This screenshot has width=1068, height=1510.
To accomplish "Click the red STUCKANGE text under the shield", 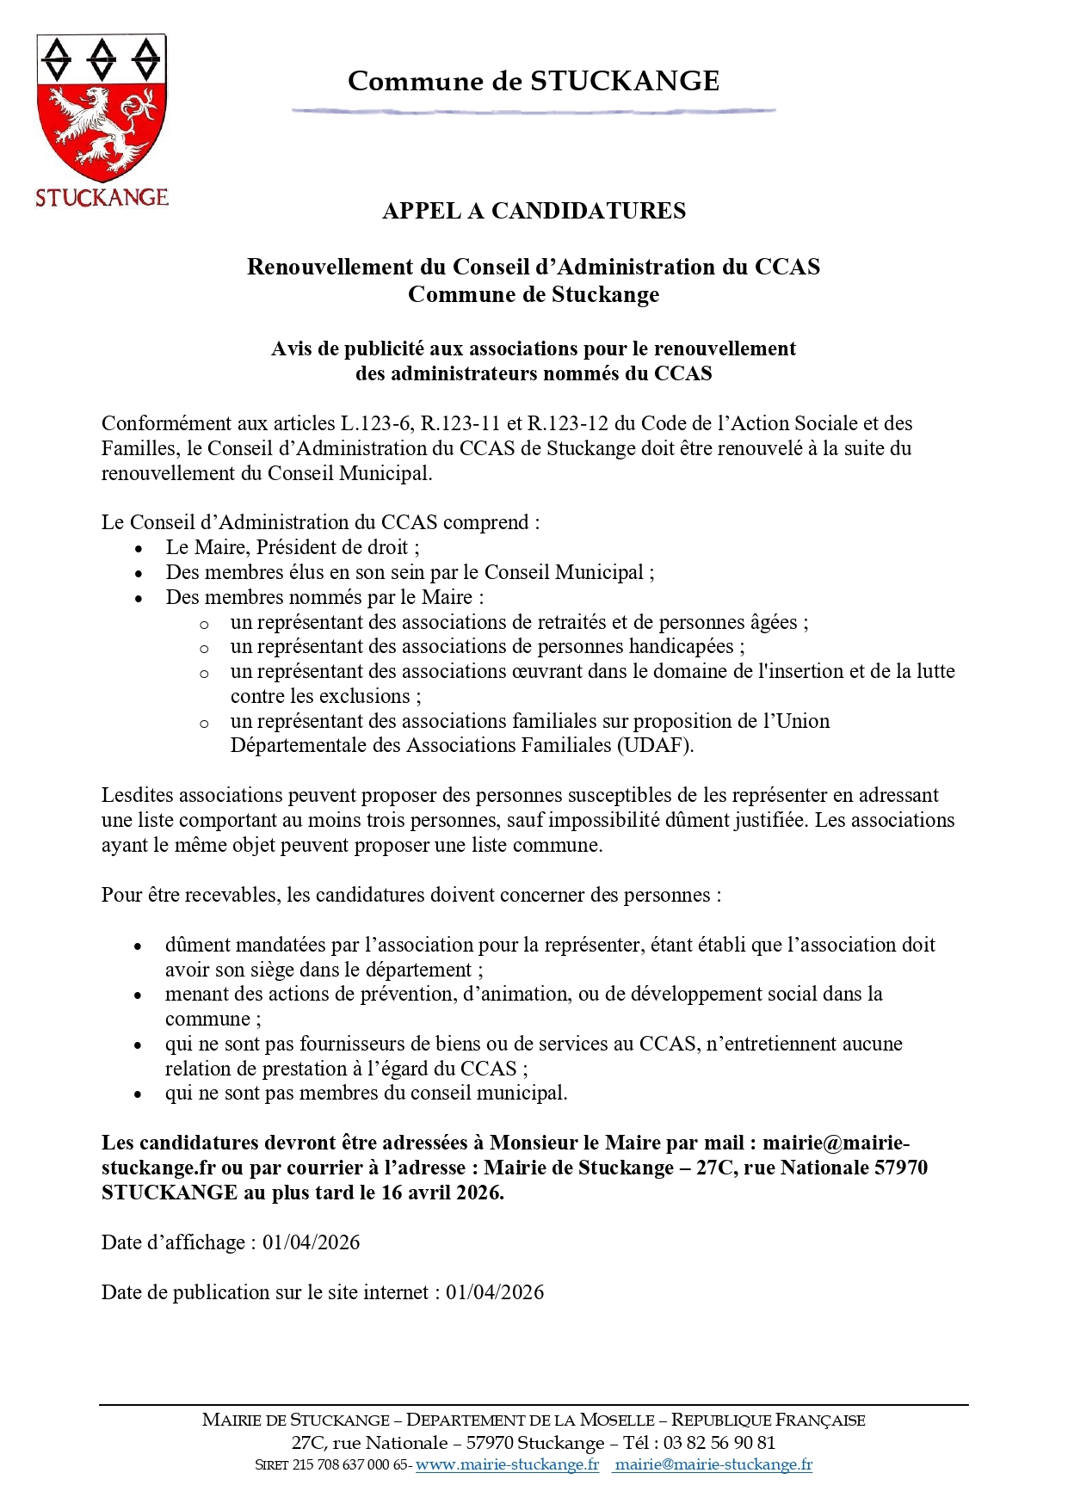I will (102, 198).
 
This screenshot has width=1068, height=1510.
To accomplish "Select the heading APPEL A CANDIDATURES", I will (534, 211).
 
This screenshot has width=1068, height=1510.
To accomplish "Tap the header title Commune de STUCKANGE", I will (534, 81).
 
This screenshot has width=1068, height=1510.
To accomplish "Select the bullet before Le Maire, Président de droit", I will (139, 549).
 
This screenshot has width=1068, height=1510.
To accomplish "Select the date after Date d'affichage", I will (312, 1242).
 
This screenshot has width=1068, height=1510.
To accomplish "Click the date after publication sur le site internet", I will (495, 1292).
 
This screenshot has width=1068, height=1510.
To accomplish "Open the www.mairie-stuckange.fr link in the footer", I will (507, 1464).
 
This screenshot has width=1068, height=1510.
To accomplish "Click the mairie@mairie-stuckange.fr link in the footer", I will (713, 1464).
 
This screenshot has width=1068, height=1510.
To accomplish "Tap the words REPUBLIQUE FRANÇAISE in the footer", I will (768, 1421).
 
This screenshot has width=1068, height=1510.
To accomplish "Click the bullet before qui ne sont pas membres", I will (138, 1094).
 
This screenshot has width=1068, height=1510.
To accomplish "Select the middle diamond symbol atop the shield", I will (102, 60).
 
